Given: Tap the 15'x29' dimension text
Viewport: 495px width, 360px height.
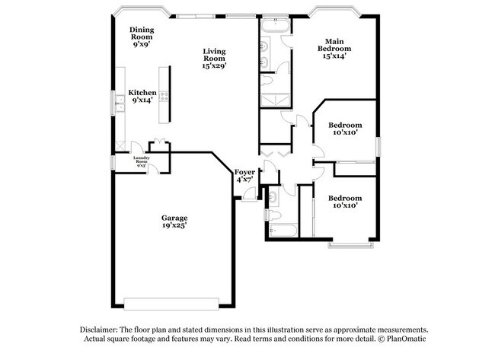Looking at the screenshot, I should (x=214, y=66).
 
